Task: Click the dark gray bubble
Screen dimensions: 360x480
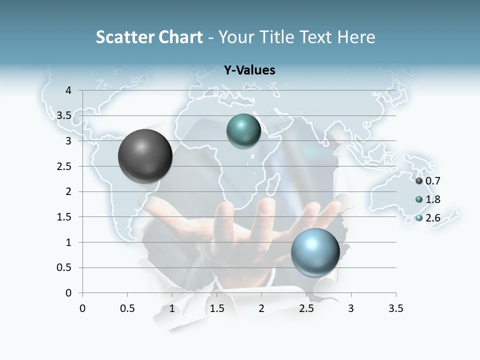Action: point(145,156)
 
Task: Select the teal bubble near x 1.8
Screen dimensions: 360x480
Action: point(243,131)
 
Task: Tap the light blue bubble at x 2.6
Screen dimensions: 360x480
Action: point(315,252)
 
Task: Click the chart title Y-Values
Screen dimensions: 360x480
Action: point(249,70)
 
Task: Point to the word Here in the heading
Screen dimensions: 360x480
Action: point(356,37)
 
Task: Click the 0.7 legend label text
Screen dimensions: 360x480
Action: point(432,181)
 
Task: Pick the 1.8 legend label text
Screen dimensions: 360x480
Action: point(432,199)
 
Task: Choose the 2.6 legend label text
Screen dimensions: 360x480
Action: point(432,218)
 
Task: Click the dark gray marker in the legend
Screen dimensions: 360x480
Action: point(419,181)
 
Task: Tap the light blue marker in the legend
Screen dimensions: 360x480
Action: point(419,218)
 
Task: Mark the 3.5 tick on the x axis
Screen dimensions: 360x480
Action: point(395,308)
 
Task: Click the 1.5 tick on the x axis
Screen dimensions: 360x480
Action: point(216,308)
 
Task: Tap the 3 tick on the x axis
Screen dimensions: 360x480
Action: point(351,308)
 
